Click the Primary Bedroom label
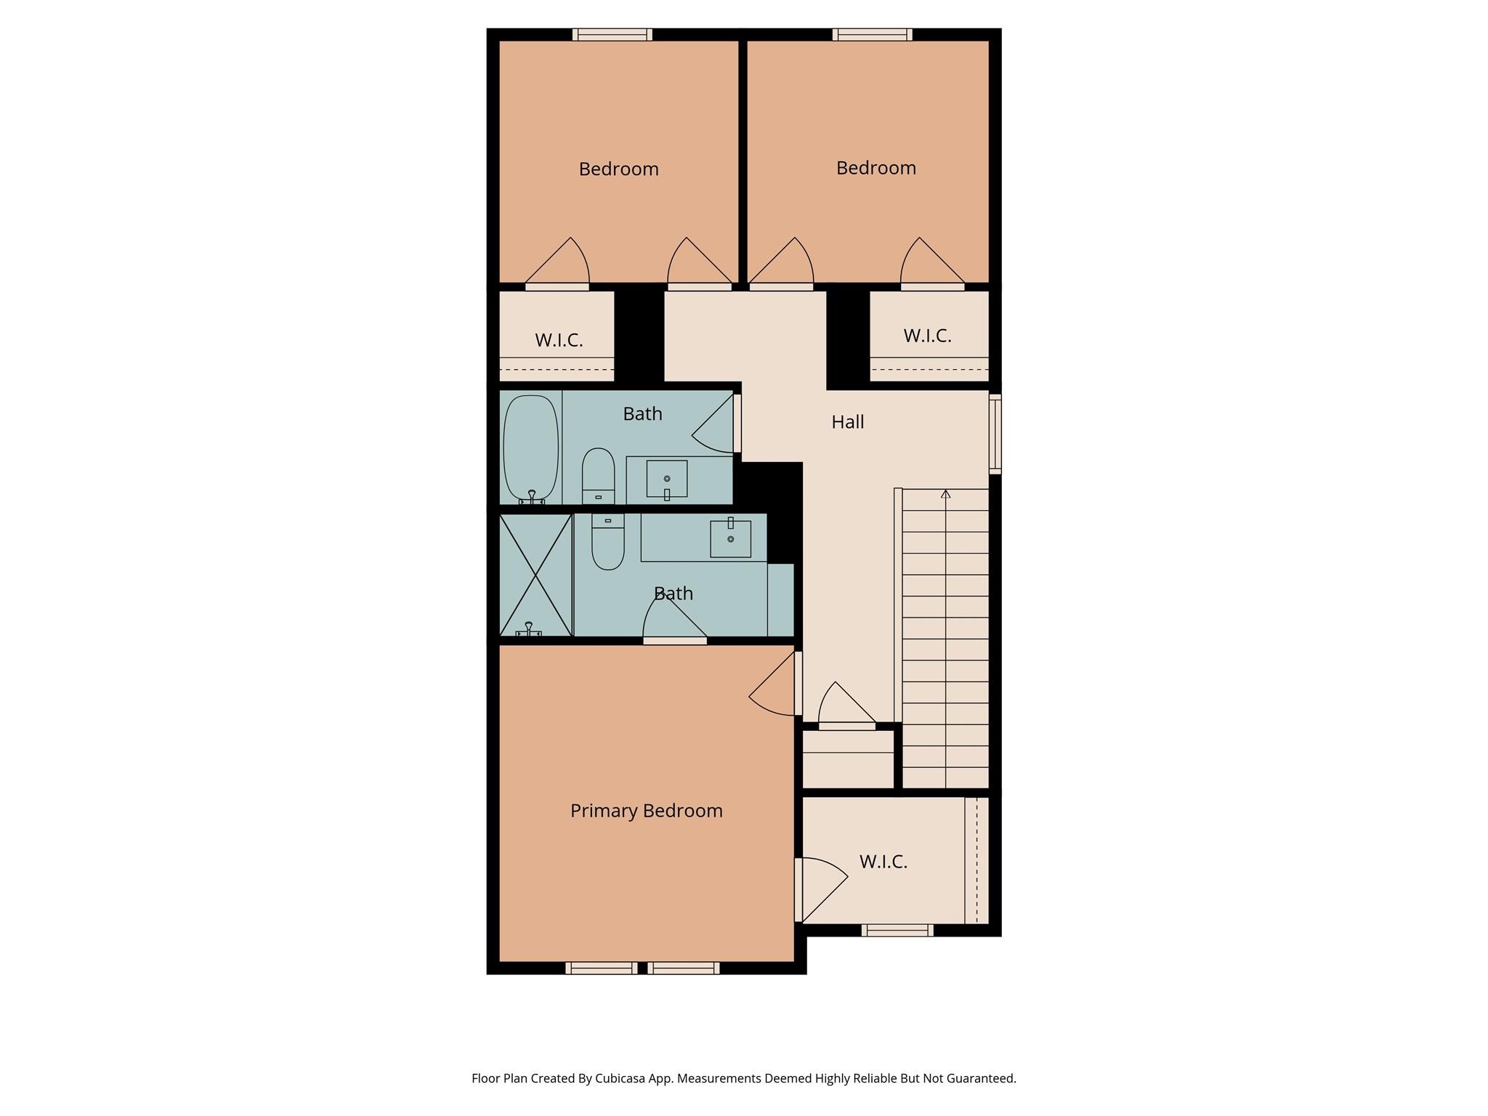coord(646,811)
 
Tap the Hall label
coord(847,422)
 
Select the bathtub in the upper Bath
coord(531,447)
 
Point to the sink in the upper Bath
coord(667,479)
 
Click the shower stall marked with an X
coord(536,575)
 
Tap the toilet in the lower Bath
coord(607,542)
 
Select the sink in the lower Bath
coord(730,538)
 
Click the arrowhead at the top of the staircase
coord(945,494)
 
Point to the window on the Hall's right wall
coord(995,434)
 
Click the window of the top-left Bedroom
coord(612,34)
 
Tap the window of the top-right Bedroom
coord(872,34)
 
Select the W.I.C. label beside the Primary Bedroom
coord(883,862)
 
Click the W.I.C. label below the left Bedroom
coord(559,340)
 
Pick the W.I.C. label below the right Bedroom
coord(927,336)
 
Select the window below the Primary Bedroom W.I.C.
coord(897,930)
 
